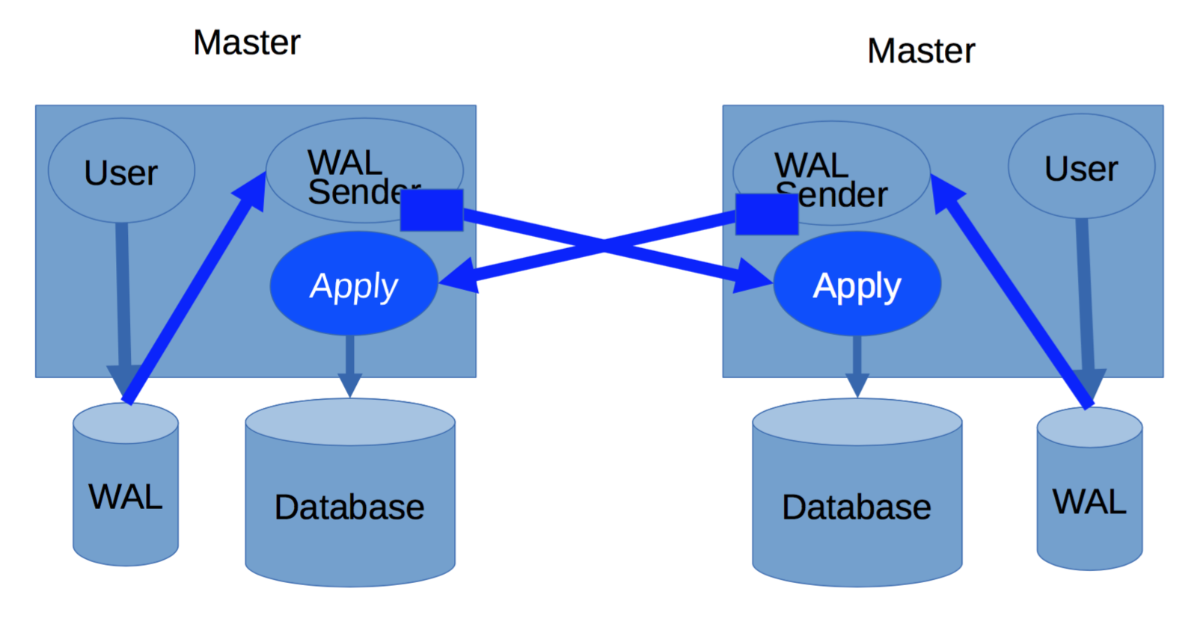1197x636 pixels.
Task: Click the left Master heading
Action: point(246,43)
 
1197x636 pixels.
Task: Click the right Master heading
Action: point(921,52)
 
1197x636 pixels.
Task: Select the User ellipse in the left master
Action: point(121,171)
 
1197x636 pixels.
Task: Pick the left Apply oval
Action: point(354,284)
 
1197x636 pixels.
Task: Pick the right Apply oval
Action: point(857,284)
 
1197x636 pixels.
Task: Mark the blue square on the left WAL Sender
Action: point(432,210)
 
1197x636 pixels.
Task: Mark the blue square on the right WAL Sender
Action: point(767,214)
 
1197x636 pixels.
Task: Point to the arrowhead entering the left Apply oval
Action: point(459,277)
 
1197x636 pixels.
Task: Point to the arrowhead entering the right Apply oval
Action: point(753,275)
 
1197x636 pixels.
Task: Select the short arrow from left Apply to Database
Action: point(349,366)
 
